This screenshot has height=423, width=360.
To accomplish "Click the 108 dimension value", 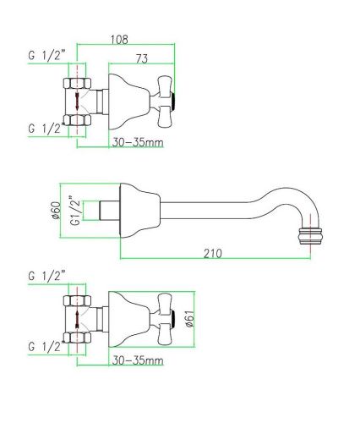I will pyautogui.click(x=122, y=38).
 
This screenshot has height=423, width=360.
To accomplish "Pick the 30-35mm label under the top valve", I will pyautogui.click(x=137, y=142).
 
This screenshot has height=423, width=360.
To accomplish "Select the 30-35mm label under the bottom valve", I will pyautogui.click(x=137, y=360).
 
